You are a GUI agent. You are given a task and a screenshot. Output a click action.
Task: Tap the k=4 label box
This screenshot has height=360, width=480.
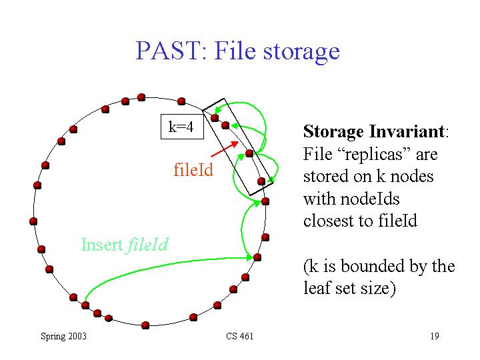click(x=182, y=127)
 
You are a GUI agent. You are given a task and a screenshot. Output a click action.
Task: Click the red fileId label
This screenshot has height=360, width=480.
click(x=193, y=169)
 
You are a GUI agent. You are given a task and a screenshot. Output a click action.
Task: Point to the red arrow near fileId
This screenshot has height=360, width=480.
click(x=225, y=149)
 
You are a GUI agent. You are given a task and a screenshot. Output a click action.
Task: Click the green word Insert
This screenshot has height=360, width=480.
click(x=102, y=245)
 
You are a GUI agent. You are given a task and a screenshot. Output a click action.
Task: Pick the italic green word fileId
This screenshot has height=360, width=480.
click(x=147, y=245)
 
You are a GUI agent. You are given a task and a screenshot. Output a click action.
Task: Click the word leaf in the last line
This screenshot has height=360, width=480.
click(x=317, y=288)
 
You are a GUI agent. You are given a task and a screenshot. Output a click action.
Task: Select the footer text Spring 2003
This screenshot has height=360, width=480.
click(x=64, y=336)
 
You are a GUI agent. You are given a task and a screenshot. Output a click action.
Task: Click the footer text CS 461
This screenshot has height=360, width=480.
click(x=240, y=336)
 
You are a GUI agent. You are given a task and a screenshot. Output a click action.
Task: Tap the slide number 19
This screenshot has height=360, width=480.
click(x=435, y=336)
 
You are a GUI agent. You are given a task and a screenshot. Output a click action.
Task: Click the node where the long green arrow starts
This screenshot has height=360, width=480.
click(x=85, y=305)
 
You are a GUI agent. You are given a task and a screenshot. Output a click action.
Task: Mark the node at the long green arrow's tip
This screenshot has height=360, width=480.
click(x=257, y=257)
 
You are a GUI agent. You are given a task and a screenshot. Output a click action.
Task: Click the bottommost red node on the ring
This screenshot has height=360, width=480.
click(x=145, y=325)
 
